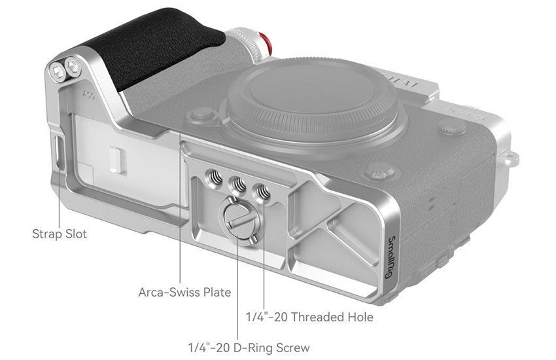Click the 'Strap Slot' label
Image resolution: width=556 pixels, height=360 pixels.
click(60, 234)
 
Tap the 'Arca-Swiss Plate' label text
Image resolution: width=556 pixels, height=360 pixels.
click(184, 293)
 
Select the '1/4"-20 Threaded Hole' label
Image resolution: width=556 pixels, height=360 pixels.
click(309, 317)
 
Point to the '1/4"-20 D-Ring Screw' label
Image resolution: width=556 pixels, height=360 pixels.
click(249, 348)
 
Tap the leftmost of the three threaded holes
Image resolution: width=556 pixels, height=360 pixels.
click(214, 176)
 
